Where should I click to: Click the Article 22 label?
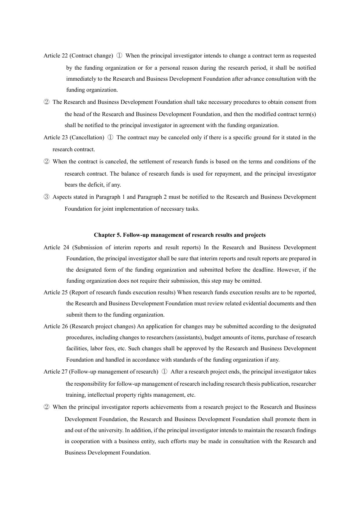click(x=56, y=56)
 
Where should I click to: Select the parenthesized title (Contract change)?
click(x=91, y=56)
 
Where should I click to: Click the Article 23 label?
click(x=56, y=138)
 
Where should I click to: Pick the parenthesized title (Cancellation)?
click(x=87, y=138)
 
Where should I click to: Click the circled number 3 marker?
click(x=47, y=197)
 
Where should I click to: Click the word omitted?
click(x=252, y=281)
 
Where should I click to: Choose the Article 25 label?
click(x=56, y=293)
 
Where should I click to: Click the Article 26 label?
click(x=56, y=326)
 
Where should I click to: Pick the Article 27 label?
click(x=56, y=372)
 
